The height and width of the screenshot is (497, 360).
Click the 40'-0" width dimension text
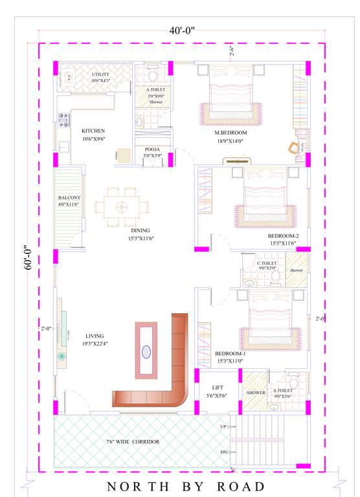click(182, 30)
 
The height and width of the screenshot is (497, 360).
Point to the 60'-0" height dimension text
click(28, 258)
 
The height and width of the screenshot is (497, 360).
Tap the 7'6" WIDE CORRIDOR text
click(133, 442)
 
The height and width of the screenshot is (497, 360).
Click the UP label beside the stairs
click(223, 427)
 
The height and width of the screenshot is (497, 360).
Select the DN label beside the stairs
click(223, 452)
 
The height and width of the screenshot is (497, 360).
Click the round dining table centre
click(121, 206)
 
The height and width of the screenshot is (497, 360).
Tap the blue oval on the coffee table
click(146, 352)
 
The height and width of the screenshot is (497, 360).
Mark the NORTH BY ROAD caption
click(186, 487)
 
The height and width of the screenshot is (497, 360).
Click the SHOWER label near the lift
click(256, 392)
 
